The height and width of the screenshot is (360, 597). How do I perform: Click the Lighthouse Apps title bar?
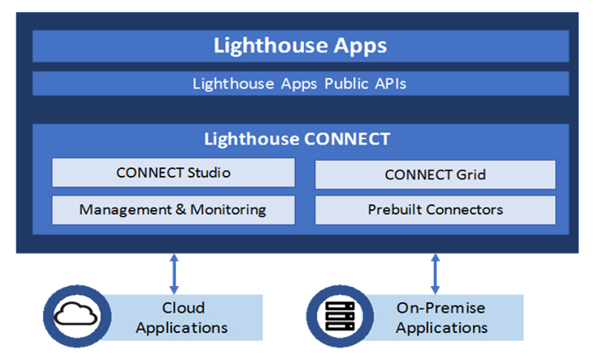301,46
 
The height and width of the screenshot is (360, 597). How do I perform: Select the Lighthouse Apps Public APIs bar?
301,83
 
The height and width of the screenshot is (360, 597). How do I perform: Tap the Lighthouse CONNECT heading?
297,139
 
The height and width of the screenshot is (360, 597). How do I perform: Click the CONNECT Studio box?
173,172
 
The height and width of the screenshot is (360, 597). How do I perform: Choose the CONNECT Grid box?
435,175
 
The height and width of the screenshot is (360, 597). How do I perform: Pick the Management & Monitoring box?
173,210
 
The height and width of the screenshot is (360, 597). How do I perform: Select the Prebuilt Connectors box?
435,210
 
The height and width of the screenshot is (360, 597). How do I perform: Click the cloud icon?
75,315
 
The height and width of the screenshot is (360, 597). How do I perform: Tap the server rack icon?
340,316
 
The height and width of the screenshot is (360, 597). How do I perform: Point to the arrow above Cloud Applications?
174,274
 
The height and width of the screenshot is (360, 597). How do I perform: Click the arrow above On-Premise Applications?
435,274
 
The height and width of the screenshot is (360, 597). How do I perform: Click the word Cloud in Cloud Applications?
184,308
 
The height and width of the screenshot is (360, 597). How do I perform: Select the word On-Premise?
441,308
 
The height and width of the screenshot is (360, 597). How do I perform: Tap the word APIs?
391,83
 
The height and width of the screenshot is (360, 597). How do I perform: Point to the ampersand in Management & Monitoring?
181,209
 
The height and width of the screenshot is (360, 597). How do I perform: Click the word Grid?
471,175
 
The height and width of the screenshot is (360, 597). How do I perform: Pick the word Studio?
209,173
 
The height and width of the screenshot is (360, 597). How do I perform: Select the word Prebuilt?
395,210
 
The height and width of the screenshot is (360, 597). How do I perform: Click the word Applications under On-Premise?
442,328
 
